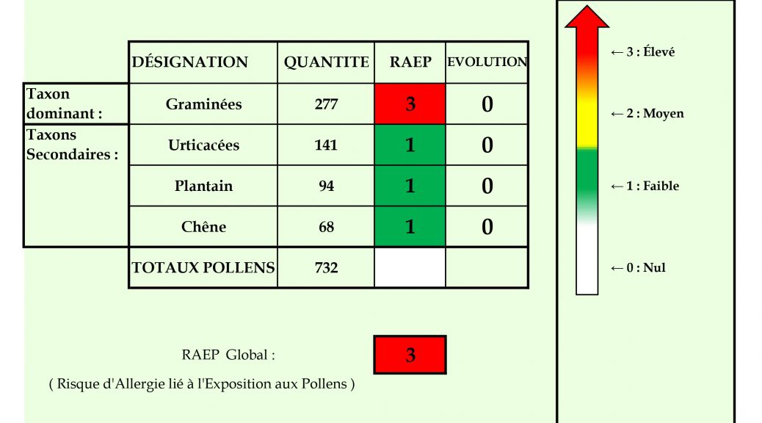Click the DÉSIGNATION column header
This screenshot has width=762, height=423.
(x=190, y=62)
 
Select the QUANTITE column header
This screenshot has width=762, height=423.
(x=326, y=62)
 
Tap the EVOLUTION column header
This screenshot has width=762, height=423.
(x=487, y=62)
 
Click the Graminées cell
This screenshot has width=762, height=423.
(x=203, y=104)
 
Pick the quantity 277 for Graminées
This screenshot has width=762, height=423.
(x=326, y=104)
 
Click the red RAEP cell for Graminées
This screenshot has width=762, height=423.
(x=410, y=104)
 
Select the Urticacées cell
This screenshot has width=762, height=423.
(x=203, y=145)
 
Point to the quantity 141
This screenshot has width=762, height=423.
(x=326, y=145)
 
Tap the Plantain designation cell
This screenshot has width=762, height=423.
(x=203, y=186)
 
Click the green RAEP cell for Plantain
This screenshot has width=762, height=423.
(x=410, y=186)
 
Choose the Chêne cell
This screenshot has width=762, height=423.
(x=203, y=227)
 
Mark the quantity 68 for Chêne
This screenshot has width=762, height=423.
(x=326, y=227)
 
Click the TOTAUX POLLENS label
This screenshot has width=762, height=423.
(x=203, y=268)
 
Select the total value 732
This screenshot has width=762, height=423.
(x=326, y=268)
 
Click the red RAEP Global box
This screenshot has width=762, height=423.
(x=410, y=355)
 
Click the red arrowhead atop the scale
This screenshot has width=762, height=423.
(x=587, y=17)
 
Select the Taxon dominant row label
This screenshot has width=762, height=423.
(x=64, y=104)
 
